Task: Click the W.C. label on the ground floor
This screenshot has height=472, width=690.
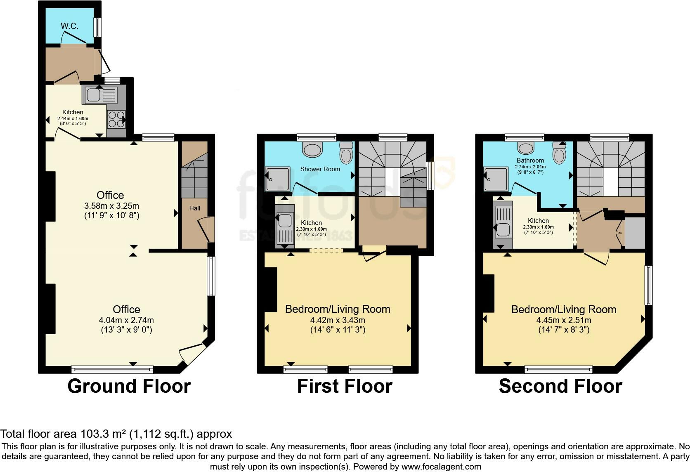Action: click(69, 26)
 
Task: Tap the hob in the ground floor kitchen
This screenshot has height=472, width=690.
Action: click(116, 119)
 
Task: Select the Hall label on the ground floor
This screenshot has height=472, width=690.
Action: click(195, 208)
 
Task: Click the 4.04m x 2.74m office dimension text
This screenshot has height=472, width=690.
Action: click(126, 320)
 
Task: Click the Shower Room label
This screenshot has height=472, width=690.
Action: click(320, 169)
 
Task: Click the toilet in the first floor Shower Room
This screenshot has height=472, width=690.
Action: click(346, 153)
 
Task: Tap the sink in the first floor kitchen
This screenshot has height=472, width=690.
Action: click(284, 230)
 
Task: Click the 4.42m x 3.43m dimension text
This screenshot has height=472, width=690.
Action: click(338, 320)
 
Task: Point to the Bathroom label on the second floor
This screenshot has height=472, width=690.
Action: click(530, 160)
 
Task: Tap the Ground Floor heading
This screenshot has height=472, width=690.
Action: click(129, 387)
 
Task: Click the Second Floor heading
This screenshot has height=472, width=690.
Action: click(560, 387)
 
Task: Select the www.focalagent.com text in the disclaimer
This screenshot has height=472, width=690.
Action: click(442, 467)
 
